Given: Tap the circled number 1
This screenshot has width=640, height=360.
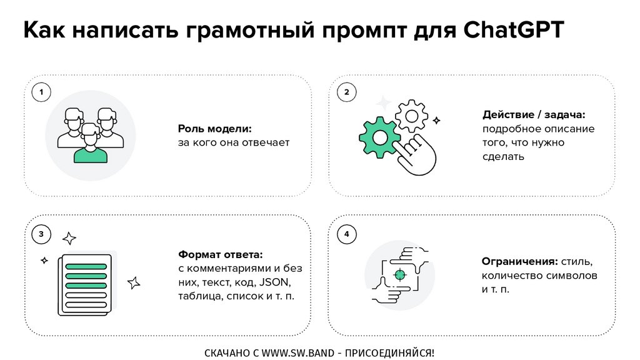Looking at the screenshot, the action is pyautogui.click(x=41, y=93).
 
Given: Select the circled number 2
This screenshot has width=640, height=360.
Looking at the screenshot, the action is pyautogui.click(x=346, y=93).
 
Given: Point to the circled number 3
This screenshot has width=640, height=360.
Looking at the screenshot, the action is pyautogui.click(x=41, y=234).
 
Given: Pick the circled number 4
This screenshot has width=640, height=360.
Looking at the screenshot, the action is pyautogui.click(x=346, y=234).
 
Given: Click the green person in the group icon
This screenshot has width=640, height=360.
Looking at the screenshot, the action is pyautogui.click(x=91, y=147).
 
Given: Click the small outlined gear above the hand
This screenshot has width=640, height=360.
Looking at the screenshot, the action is pyautogui.click(x=412, y=115).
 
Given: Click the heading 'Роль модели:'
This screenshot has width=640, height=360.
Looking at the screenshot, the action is pyautogui.click(x=214, y=129).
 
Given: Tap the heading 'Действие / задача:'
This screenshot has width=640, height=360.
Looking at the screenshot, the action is pyautogui.click(x=533, y=115).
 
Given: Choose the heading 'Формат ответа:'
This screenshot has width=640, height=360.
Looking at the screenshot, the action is pyautogui.click(x=220, y=255).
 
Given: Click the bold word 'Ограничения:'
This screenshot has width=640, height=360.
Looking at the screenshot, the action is pyautogui.click(x=519, y=261).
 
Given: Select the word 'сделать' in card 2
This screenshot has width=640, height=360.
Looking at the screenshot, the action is pyautogui.click(x=502, y=156).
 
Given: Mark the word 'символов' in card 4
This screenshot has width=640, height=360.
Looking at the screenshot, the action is pyautogui.click(x=569, y=276).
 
